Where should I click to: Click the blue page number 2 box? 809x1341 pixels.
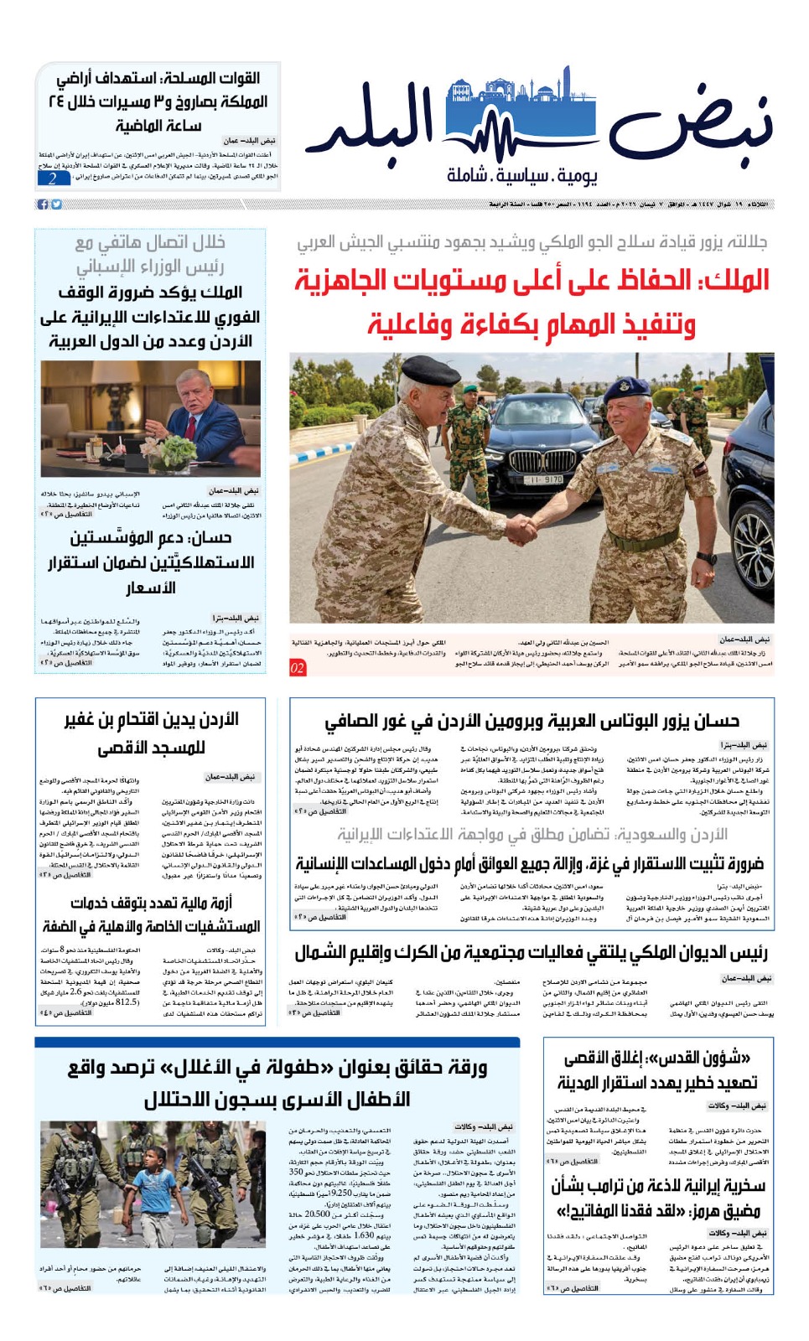[x=54, y=178]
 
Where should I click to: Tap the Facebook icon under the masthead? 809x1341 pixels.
[x=43, y=205]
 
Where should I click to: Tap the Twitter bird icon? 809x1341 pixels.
[x=56, y=205]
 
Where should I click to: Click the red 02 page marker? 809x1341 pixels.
[x=298, y=668]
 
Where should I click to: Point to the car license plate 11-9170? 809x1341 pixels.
[x=544, y=480]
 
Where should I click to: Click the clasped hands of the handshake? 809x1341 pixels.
[x=521, y=530]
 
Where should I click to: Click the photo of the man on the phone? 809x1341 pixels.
[x=151, y=418]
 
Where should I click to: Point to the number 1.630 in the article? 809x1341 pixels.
[x=364, y=1235]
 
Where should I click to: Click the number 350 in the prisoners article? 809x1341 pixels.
[x=296, y=1172]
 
